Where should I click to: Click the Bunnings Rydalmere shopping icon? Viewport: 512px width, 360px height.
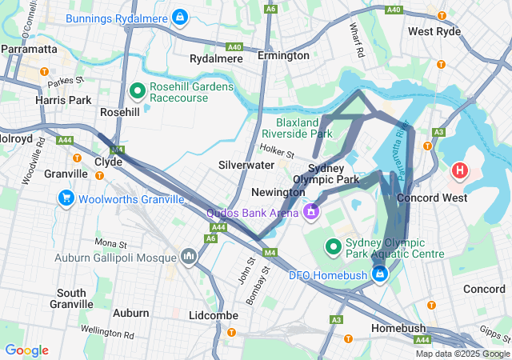pyautogui.click(x=180, y=17)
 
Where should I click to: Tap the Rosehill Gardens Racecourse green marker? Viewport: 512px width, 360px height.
pyautogui.click(x=136, y=91)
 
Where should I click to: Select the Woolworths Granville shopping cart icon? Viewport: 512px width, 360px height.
pyautogui.click(x=65, y=198)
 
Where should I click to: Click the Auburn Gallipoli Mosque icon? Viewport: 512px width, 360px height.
pyautogui.click(x=189, y=256)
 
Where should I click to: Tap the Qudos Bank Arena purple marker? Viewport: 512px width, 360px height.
pyautogui.click(x=310, y=212)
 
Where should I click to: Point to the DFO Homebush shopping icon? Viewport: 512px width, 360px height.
pyautogui.click(x=379, y=274)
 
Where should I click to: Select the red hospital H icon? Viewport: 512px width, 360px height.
pyautogui.click(x=461, y=170)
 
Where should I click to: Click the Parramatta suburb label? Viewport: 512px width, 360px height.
pyautogui.click(x=29, y=49)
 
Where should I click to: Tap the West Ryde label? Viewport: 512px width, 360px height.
pyautogui.click(x=434, y=31)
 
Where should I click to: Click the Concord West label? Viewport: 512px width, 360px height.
pyautogui.click(x=443, y=197)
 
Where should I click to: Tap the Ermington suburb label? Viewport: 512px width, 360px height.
pyautogui.click(x=283, y=55)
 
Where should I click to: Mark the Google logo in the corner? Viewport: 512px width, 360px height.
pyautogui.click(x=26, y=350)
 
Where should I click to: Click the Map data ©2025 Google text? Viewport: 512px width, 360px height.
pyautogui.click(x=462, y=354)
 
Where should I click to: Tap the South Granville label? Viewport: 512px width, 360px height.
pyautogui.click(x=71, y=298)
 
